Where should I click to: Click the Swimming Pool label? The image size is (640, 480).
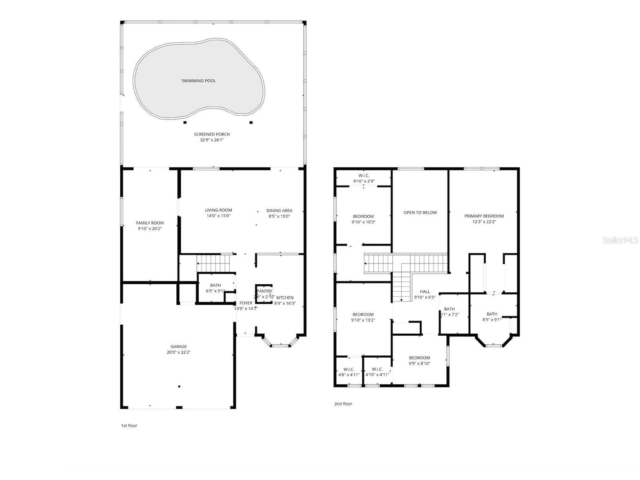coord(198,81)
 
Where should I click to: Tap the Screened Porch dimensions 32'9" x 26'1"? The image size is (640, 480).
coord(212,140)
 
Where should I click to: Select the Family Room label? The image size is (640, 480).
coord(150,223)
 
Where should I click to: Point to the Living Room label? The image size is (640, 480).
coord(218,210)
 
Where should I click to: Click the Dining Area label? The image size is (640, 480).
coord(279,211)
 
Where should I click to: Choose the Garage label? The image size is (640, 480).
coord(178,347)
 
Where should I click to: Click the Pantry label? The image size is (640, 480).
coord(265,291)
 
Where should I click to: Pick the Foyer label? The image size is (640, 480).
coord(246,303)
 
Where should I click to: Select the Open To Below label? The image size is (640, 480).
coord(420,213)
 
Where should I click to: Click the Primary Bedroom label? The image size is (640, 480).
coord(484,216)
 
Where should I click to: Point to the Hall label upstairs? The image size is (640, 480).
coord(425,292)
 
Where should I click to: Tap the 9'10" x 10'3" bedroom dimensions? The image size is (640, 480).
coord(363,222)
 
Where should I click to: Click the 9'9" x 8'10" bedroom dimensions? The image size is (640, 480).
coord(419,364)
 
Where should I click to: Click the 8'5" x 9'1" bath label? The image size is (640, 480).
coord(492,314)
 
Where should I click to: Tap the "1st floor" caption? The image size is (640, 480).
coord(129,425)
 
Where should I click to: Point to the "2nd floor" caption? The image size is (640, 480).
coord(343,404)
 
